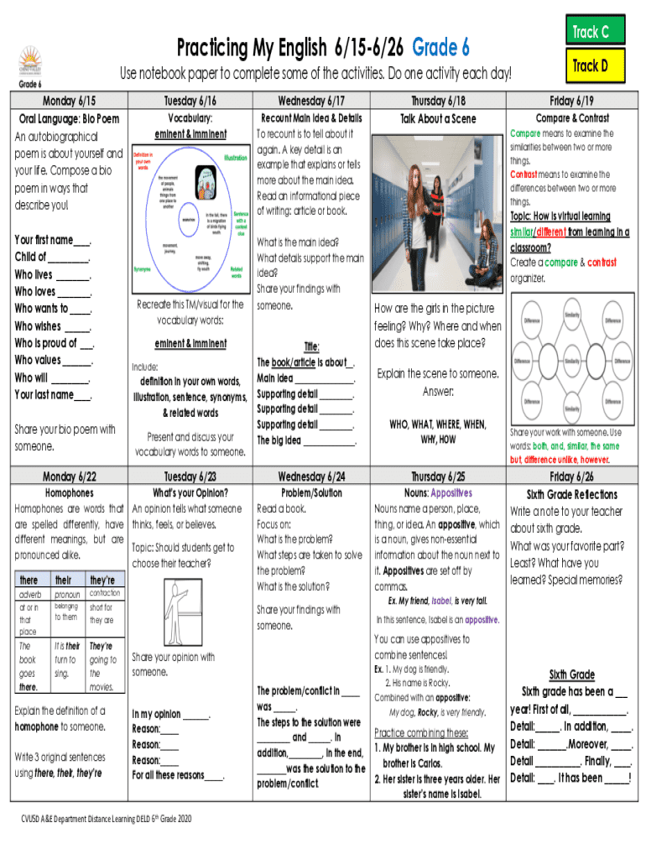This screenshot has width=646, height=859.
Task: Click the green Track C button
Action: coord(591,32)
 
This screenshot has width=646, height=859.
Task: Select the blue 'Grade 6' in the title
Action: coord(440,47)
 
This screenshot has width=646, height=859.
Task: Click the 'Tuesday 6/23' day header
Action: coord(190,476)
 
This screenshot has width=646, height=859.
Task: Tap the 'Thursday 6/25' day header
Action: coord(439,476)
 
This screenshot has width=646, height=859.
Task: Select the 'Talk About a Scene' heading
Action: coord(438,119)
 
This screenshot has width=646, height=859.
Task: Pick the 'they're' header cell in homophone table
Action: coord(102,580)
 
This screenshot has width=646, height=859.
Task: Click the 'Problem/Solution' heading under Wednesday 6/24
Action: coord(311,493)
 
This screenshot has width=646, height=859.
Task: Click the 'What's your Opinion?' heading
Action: coord(190,493)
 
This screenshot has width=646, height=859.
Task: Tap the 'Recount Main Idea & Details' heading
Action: coord(311,118)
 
